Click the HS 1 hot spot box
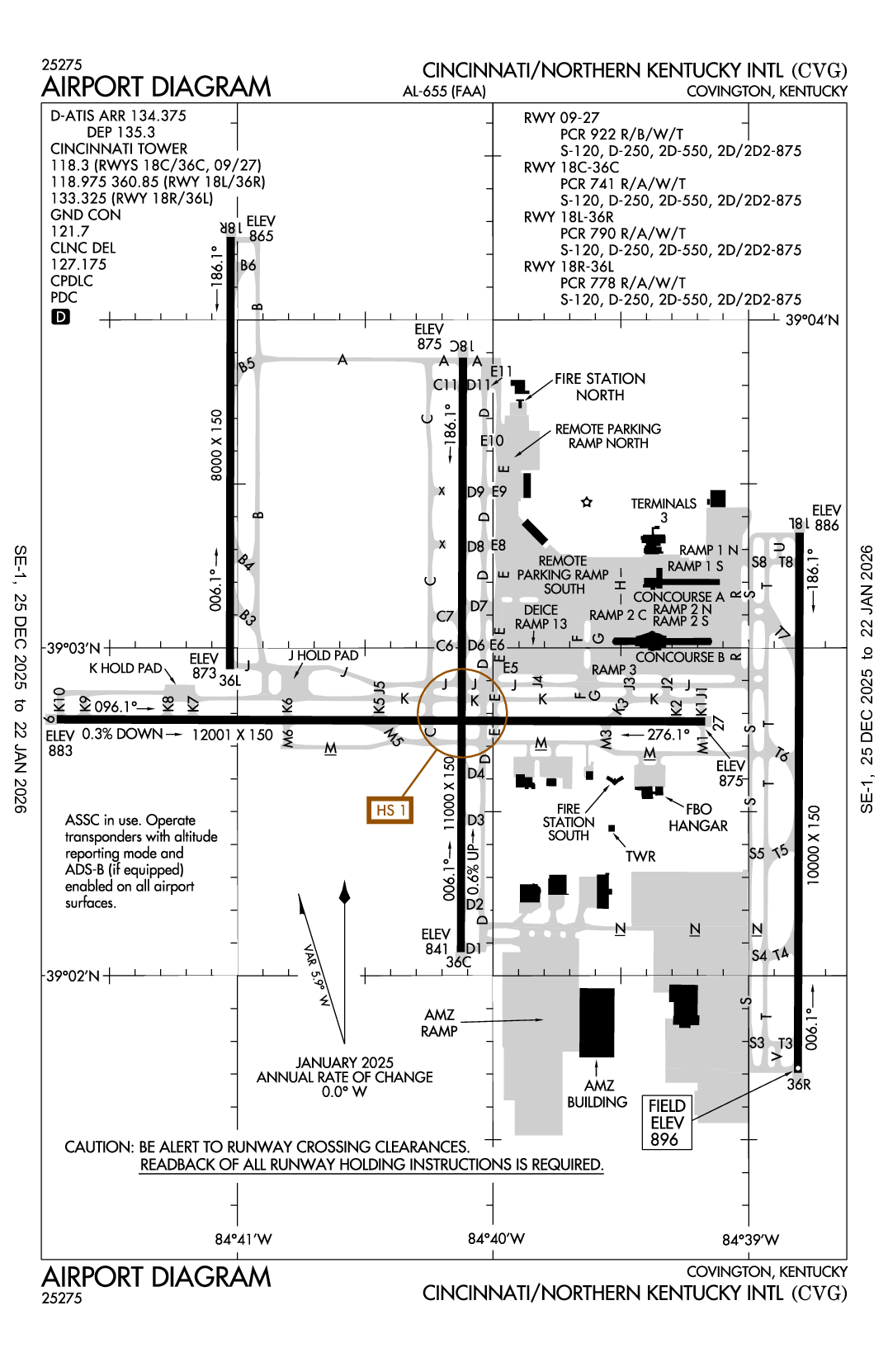point(390,810)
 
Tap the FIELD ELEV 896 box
point(667,1123)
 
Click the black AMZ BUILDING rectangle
point(597,1022)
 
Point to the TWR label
point(640,856)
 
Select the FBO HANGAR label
point(698,817)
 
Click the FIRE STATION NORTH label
point(600,386)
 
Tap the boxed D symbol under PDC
point(61,317)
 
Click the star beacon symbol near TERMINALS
point(587,502)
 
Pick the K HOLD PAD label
point(125,668)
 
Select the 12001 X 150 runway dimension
point(232,735)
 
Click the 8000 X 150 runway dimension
point(217,445)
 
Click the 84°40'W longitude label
point(496,1238)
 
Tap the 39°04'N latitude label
point(811,320)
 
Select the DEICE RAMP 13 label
point(541,617)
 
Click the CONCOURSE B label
point(679,657)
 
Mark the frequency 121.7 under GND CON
point(69,231)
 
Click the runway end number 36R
point(799,1084)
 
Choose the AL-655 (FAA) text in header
point(444,92)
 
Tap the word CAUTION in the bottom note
point(99,1147)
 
